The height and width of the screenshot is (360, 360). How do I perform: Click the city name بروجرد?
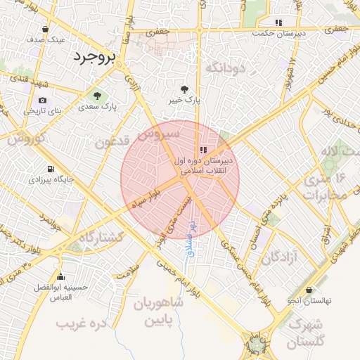(x=92, y=57)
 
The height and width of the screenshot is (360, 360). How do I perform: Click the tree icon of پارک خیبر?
(x=184, y=89)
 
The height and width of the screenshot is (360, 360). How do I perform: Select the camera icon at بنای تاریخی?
(x=43, y=101)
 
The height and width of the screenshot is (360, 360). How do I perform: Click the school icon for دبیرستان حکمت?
(x=278, y=22)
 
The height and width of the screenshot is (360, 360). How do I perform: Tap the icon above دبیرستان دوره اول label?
(x=203, y=149)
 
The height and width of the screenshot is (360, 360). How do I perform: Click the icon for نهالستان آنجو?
(x=309, y=290)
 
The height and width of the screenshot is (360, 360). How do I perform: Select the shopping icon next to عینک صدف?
(x=46, y=30)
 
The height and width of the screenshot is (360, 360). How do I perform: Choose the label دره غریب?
(x=80, y=324)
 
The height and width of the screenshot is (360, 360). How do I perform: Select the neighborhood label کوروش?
(x=26, y=139)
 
